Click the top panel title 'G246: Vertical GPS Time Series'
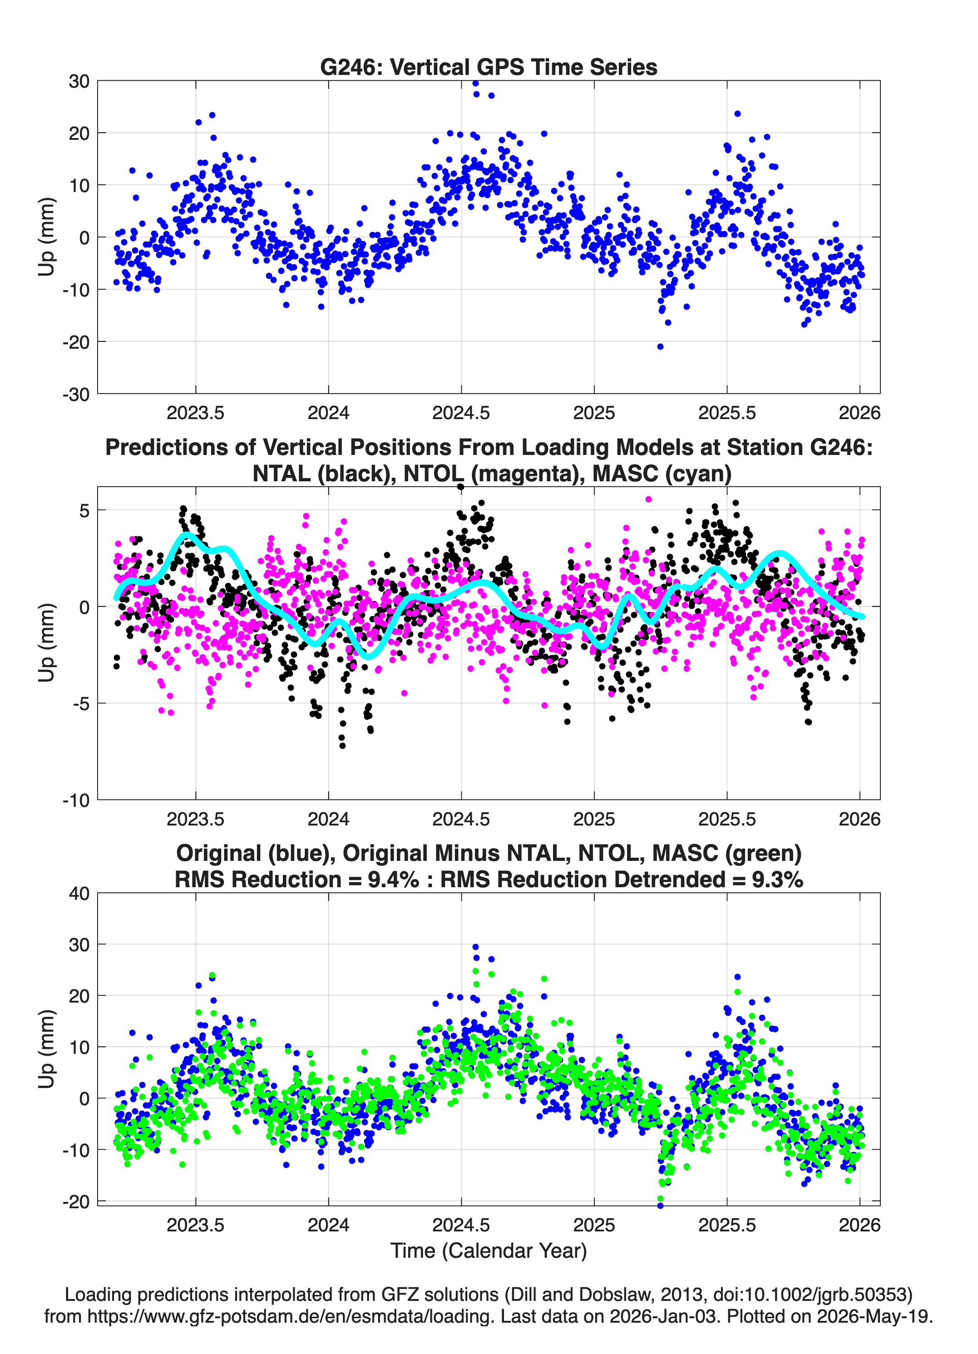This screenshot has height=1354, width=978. [489, 67]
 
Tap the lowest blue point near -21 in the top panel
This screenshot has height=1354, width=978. [660, 346]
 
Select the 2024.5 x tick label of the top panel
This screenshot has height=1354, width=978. [461, 413]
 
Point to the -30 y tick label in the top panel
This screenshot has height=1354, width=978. [76, 394]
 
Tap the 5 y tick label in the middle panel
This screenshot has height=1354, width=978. [84, 510]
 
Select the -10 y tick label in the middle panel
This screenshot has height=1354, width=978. [76, 800]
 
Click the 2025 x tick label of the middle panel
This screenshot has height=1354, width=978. [594, 819]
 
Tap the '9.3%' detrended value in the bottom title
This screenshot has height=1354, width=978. [777, 880]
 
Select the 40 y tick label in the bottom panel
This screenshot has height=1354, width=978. [79, 893]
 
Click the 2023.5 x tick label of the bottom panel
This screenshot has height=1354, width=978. [195, 1225]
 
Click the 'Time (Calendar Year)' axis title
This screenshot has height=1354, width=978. [489, 1250]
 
